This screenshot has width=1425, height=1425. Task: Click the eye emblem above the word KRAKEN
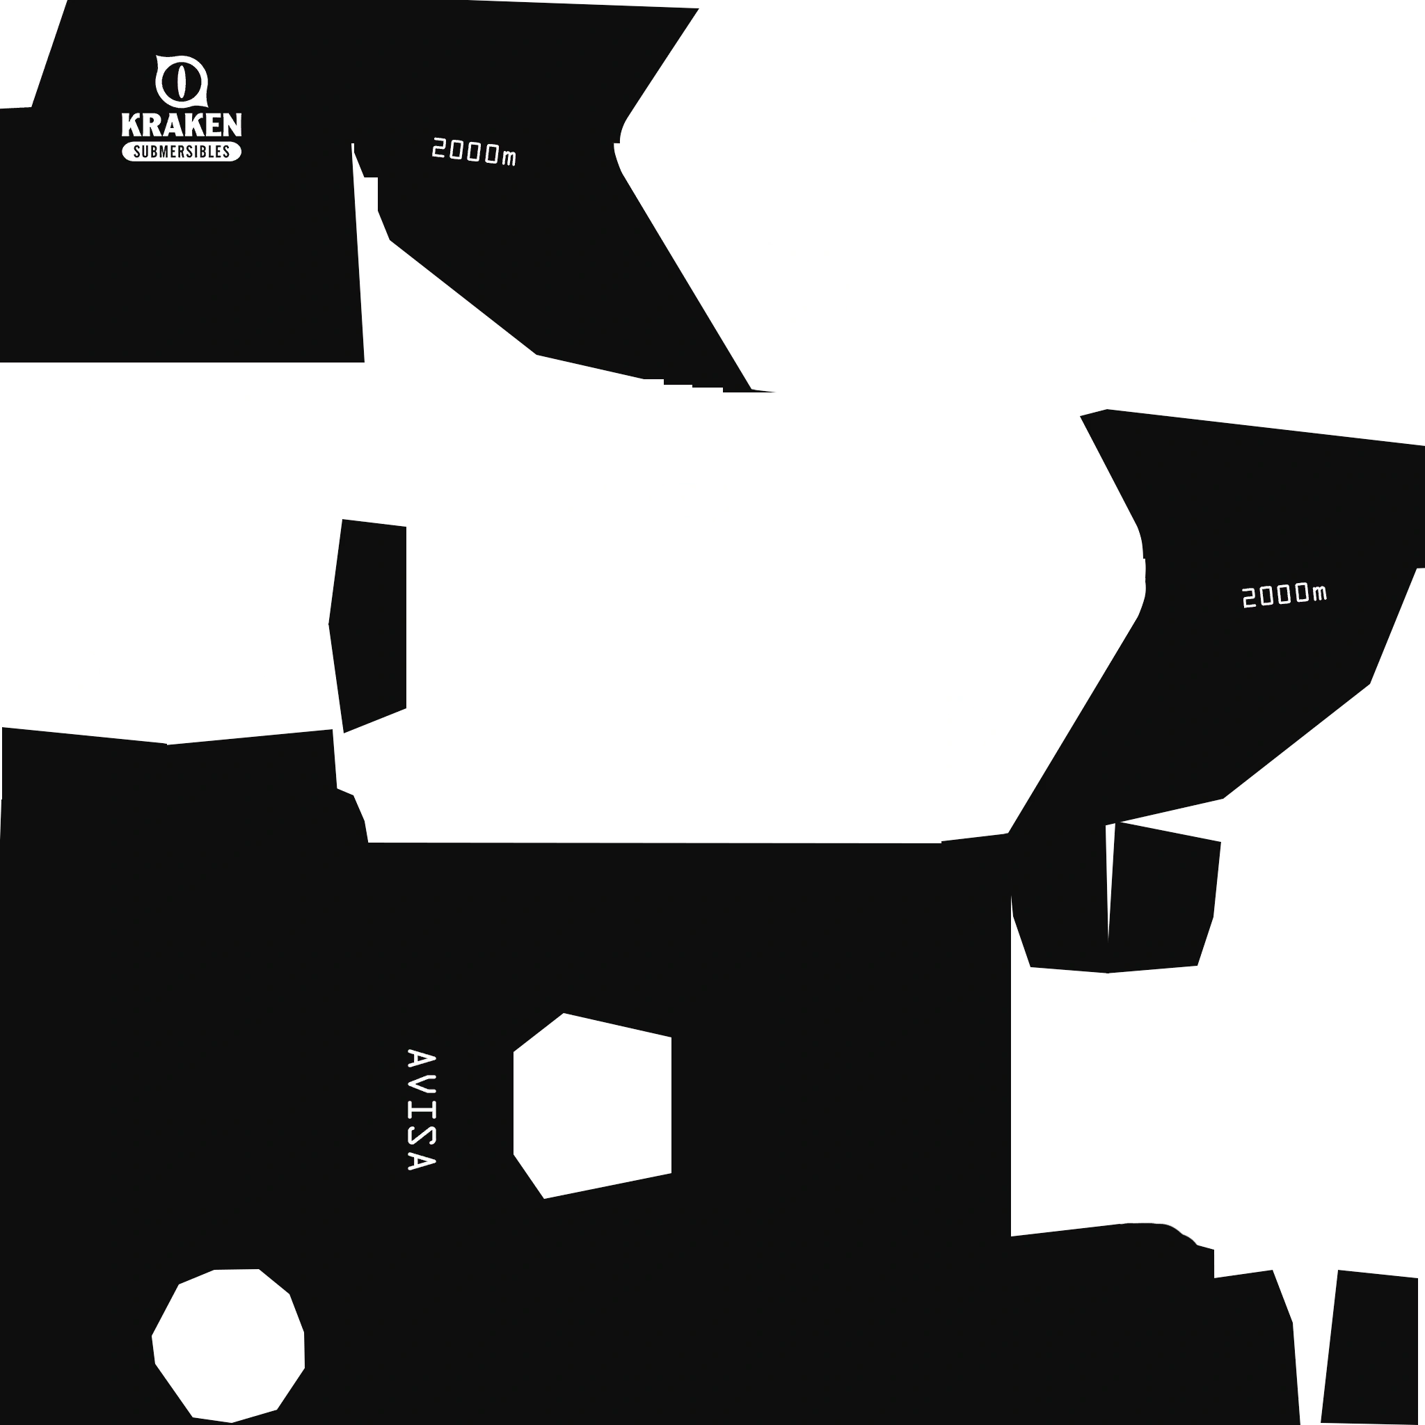(182, 81)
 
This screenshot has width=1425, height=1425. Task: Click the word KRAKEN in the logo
(182, 125)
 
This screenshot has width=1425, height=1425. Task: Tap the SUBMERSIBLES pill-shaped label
(182, 152)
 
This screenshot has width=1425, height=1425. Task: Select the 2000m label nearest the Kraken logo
(474, 152)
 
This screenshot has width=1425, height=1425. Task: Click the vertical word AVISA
(421, 1109)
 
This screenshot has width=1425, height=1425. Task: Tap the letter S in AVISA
(421, 1138)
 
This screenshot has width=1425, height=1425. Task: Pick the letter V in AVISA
(421, 1084)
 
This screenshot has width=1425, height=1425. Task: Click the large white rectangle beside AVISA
(592, 1104)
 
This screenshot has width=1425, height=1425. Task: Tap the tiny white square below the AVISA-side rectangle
(548, 1193)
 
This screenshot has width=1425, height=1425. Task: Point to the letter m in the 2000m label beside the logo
(509, 157)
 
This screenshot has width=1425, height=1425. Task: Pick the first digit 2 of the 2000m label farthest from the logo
(1249, 598)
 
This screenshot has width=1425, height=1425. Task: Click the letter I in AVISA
(421, 1110)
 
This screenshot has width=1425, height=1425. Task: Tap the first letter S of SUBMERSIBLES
(136, 152)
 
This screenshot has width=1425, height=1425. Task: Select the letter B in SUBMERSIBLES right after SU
(152, 152)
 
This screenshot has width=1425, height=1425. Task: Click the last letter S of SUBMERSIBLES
(226, 152)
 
